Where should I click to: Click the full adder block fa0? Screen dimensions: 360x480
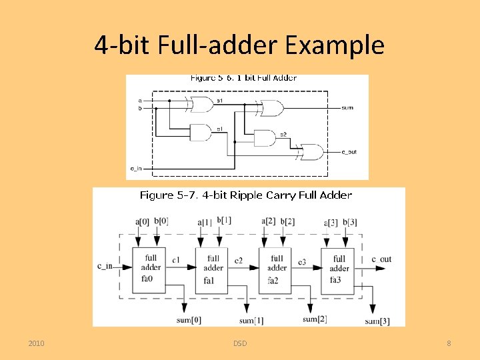tap(151, 267)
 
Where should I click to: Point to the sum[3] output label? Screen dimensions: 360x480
tap(377, 321)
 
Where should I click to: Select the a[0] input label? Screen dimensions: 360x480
tap(143, 221)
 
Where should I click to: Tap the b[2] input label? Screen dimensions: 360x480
tap(287, 221)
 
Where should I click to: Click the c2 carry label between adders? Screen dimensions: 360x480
tap(239, 259)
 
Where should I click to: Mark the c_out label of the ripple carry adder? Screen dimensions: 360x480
tap(382, 259)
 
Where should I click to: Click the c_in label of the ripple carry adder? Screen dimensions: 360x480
tap(105, 267)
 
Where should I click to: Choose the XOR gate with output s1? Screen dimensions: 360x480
tap(200, 104)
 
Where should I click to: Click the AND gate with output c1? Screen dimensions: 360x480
tap(201, 133)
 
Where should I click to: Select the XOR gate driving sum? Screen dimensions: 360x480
tap(271, 107)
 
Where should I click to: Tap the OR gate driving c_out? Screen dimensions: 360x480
tap(311, 152)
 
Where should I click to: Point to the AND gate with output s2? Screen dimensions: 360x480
tap(265, 138)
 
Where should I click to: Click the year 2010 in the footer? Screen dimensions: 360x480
tap(37, 343)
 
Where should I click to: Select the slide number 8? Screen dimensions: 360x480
tap(449, 343)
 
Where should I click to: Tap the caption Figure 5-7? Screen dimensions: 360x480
tap(167, 195)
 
